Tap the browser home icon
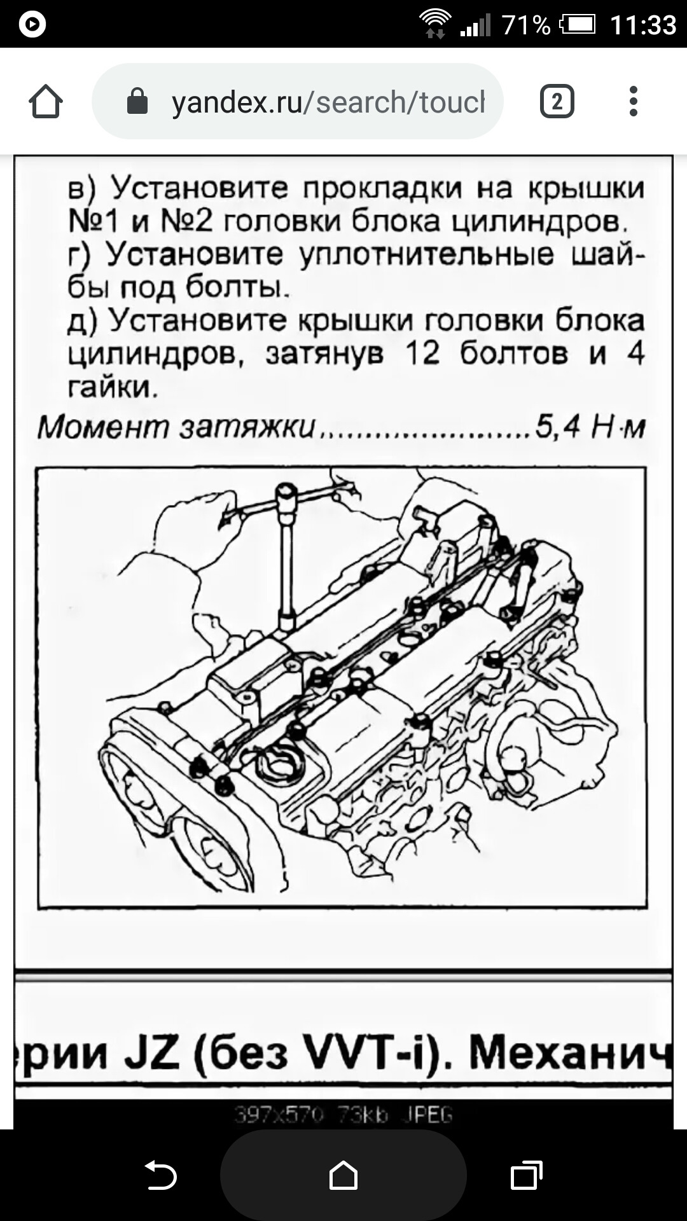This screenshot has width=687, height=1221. tap(46, 102)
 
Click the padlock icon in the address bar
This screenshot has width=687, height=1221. tap(137, 102)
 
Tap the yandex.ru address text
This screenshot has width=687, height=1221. tap(328, 102)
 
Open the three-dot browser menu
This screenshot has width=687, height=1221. tap(633, 102)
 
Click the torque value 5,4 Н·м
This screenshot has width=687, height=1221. tap(590, 427)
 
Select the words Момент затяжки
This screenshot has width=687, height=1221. tap(176, 427)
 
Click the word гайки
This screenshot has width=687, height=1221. tap(112, 387)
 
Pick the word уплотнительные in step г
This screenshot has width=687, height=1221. tap(426, 254)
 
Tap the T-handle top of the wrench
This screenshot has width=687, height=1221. tap(286, 493)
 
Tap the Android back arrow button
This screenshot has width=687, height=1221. tap(160, 1174)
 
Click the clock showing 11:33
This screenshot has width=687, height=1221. tap(642, 25)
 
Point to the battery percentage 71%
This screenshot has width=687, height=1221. tap(525, 25)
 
